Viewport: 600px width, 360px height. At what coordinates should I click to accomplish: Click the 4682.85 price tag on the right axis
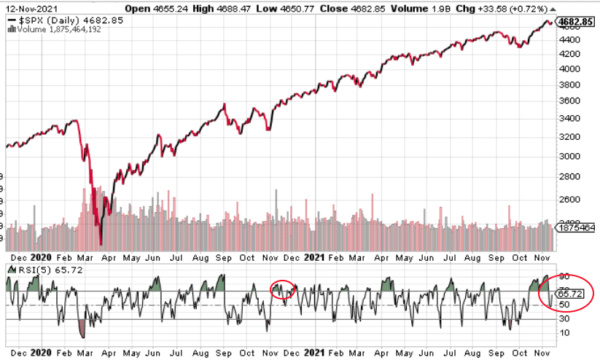click(x=572, y=22)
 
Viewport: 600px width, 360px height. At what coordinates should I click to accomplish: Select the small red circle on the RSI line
click(x=283, y=289)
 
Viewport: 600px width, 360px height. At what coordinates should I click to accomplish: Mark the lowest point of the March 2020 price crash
click(x=101, y=244)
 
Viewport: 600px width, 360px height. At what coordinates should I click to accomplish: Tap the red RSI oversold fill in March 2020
click(x=83, y=330)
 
